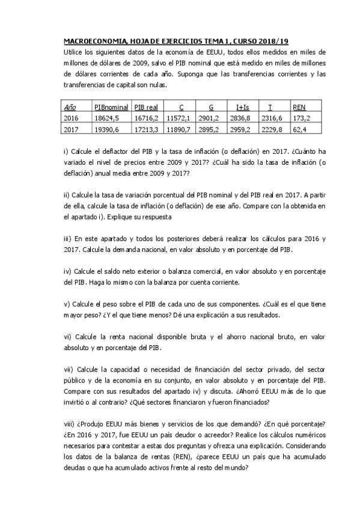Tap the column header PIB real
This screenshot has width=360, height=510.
click(146, 106)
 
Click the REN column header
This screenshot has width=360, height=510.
click(299, 106)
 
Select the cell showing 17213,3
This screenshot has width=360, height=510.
click(147, 129)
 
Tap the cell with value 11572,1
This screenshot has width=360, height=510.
click(178, 118)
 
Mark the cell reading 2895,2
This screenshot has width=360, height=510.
click(211, 129)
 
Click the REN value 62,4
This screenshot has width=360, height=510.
click(300, 129)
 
